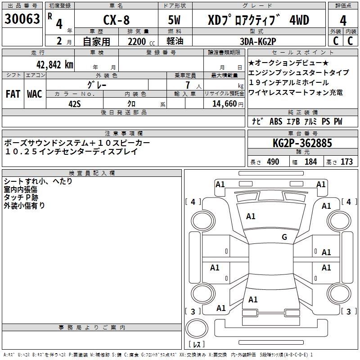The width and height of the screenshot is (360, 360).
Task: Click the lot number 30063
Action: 22,20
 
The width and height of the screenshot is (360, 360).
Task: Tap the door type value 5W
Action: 175,20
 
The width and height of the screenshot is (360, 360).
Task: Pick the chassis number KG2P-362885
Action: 302,143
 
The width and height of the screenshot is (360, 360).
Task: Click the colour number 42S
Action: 75,103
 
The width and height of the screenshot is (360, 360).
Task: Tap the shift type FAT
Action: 13,94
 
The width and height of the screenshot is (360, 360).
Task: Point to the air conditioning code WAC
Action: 34,94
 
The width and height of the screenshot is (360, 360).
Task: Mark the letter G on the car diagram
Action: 284,237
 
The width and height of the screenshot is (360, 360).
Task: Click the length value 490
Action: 273,162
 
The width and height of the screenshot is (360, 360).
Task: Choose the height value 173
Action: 346,162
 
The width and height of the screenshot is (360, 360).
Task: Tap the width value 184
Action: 310,162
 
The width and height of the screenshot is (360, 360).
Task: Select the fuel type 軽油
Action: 175,41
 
